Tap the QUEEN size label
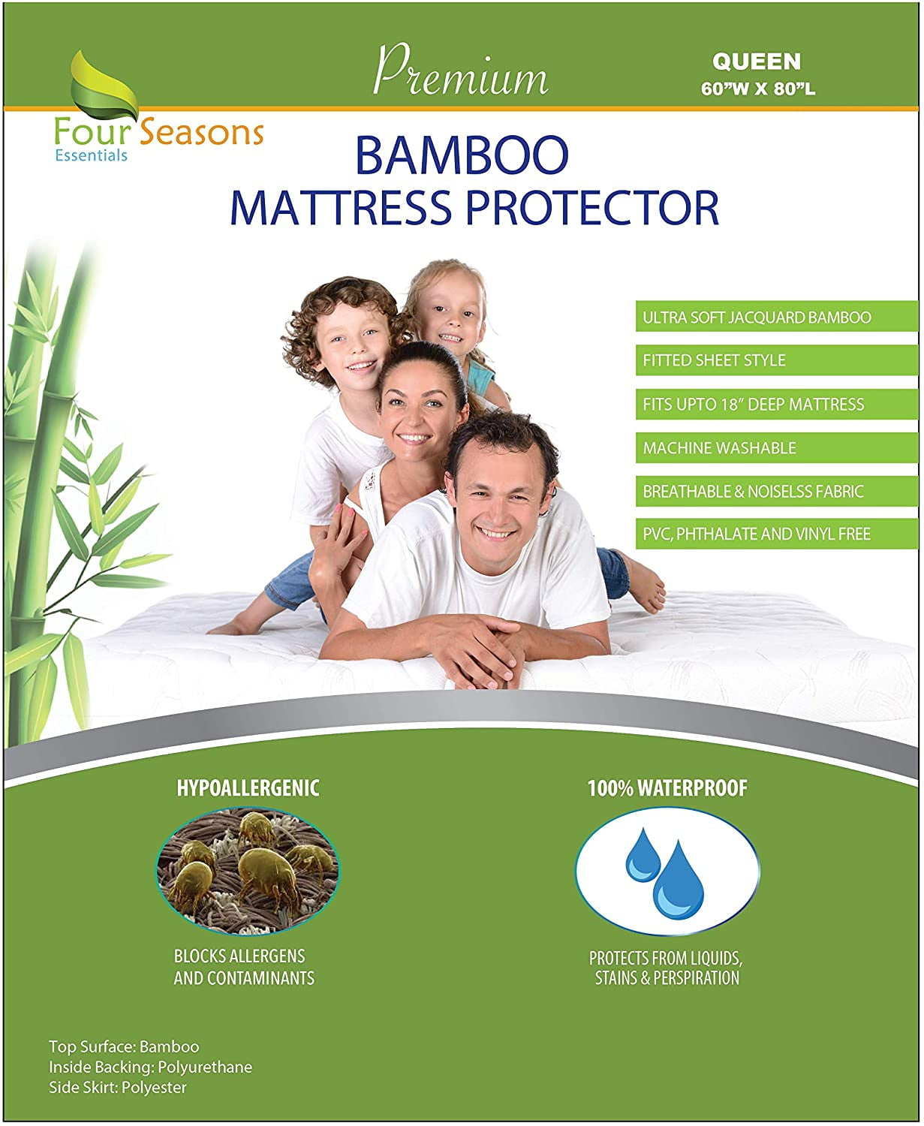pyautogui.click(x=756, y=61)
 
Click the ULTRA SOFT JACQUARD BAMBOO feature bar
pyautogui.click(x=775, y=318)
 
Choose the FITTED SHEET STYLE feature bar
pyautogui.click(x=775, y=360)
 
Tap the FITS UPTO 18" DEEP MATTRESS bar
pyautogui.click(x=775, y=405)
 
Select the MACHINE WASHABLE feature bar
pyautogui.click(x=775, y=448)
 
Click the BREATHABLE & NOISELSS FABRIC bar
pyautogui.click(x=775, y=492)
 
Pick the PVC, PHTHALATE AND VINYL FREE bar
pyautogui.click(x=775, y=534)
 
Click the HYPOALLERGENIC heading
pyautogui.click(x=248, y=787)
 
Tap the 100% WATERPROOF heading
pyautogui.click(x=667, y=788)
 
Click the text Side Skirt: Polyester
pyautogui.click(x=118, y=1087)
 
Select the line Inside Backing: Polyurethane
pyautogui.click(x=150, y=1067)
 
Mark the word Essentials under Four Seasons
pyautogui.click(x=91, y=155)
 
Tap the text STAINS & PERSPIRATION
pyautogui.click(x=667, y=978)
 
